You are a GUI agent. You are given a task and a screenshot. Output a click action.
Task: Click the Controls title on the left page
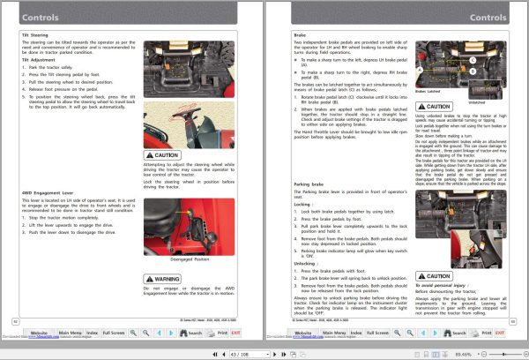(41, 17)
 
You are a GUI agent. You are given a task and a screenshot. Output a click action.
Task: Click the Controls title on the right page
(488, 17)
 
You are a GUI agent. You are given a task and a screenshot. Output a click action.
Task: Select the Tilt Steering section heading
(37, 34)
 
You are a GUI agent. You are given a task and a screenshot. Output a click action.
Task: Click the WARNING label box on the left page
(167, 278)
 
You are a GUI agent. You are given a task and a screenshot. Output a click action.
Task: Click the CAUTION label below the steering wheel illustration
(167, 154)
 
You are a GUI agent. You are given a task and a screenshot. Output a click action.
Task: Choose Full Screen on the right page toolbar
(375, 333)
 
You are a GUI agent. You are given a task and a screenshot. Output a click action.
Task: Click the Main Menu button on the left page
(70, 333)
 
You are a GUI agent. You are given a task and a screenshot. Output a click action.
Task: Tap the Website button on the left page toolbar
(40, 333)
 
